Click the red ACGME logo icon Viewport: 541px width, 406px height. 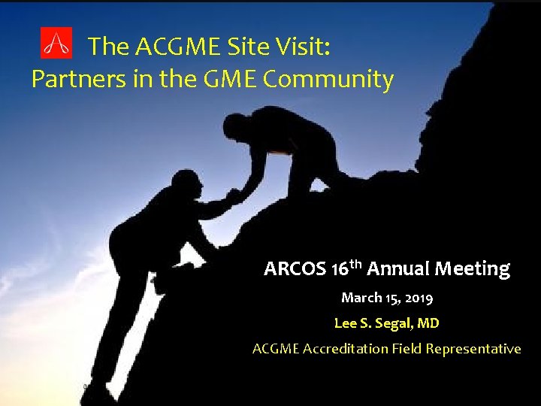pos(56,44)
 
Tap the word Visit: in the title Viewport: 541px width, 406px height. pos(303,47)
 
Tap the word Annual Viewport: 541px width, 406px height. pos(397,268)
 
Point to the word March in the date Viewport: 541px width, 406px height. pos(361,298)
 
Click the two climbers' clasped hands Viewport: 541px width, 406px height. pos(234,195)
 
